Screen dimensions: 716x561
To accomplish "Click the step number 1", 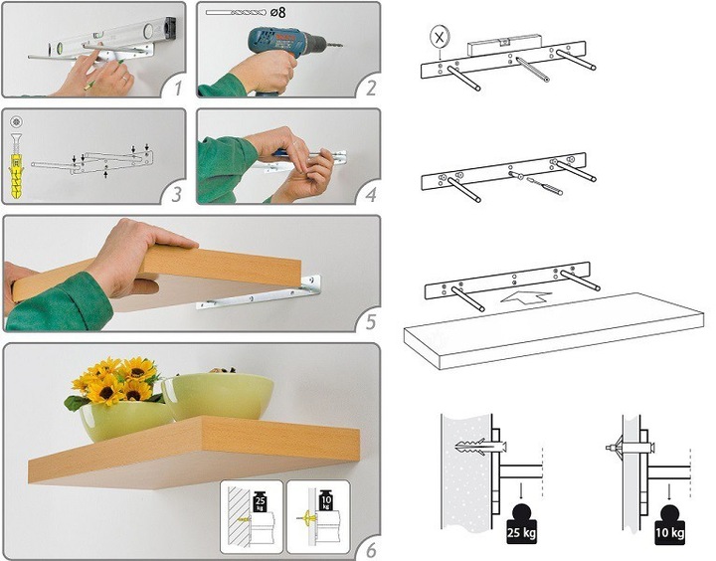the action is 178,88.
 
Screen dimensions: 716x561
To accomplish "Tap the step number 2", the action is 371,88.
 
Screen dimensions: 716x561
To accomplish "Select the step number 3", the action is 176,195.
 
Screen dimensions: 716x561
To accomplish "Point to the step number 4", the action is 371,195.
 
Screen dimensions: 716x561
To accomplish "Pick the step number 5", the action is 371,322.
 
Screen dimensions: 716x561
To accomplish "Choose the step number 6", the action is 371,550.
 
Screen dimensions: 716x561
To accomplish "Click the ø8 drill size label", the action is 277,12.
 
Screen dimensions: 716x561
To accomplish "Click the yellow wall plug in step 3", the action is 15,177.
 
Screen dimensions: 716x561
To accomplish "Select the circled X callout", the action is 440,38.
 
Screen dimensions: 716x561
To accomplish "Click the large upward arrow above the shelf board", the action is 526,296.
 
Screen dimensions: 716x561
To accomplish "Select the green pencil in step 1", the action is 104,73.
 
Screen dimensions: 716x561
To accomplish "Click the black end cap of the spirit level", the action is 170,27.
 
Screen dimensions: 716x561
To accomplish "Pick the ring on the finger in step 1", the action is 124,79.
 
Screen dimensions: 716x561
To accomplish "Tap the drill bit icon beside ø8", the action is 235,13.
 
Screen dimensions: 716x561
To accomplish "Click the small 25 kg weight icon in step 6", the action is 260,501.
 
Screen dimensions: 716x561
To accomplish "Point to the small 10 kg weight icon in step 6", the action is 326,500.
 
